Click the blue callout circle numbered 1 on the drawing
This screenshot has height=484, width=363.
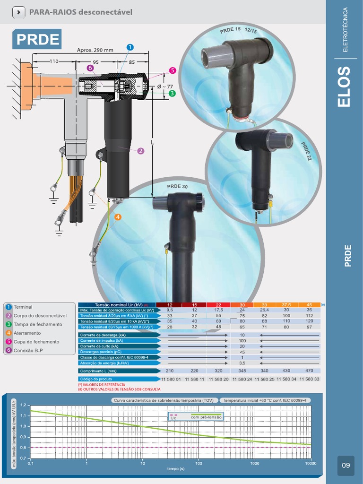(130, 47)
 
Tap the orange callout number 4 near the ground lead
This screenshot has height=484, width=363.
(118, 217)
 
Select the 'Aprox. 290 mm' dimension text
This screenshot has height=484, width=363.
(95, 50)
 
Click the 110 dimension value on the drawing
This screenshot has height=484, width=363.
(55, 61)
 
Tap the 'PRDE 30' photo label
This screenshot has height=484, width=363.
(177, 186)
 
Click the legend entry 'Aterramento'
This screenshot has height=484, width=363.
(27, 333)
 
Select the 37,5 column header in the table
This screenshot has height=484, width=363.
(286, 305)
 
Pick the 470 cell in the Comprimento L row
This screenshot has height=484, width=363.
(310, 371)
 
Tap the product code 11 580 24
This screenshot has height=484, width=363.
(242, 380)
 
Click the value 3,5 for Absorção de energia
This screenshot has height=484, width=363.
(242, 363)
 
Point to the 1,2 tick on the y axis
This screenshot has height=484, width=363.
(22, 405)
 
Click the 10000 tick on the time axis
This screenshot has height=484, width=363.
(311, 463)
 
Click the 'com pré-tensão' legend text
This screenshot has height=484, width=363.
(206, 417)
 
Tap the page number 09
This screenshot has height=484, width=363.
(346, 466)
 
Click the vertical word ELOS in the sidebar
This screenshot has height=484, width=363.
(345, 86)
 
